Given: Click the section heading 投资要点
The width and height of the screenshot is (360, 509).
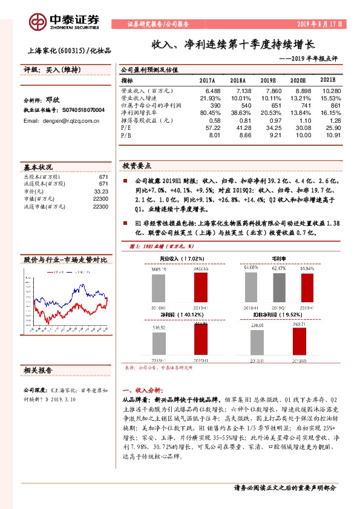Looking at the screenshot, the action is coord(137,166).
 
